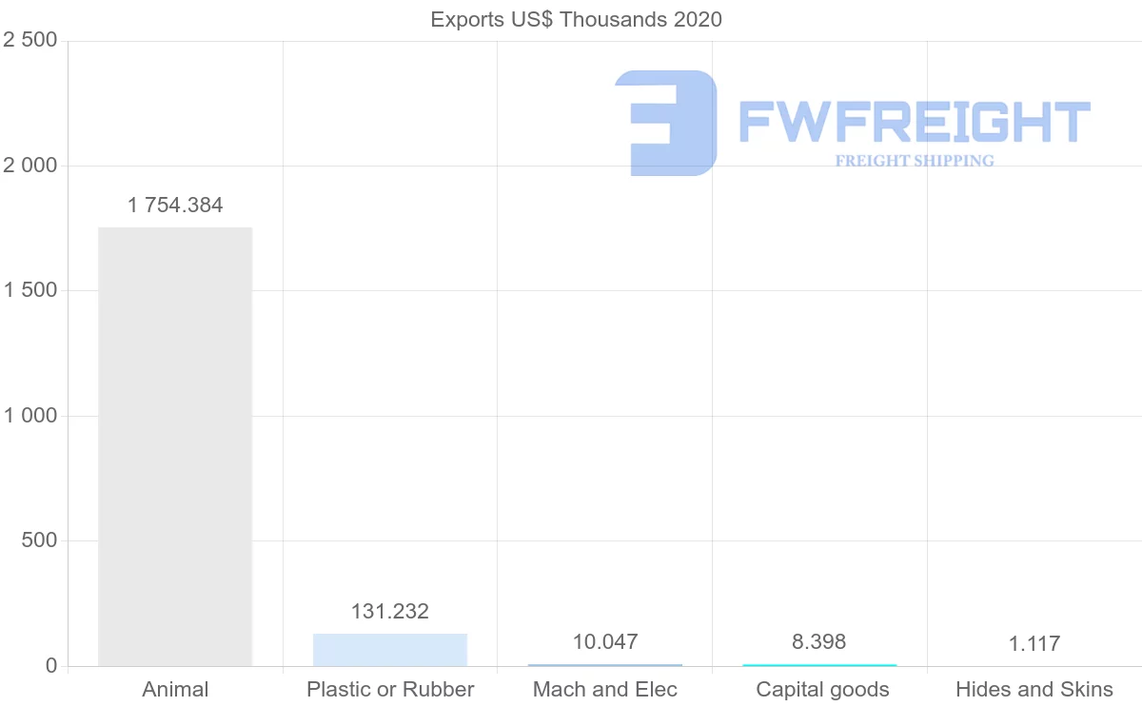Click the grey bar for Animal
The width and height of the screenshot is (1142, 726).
175,446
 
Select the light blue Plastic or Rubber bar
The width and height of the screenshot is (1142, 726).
390,650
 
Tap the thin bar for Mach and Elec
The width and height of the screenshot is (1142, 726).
605,664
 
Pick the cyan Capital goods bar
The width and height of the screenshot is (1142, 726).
819,664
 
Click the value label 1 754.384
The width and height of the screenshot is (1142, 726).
175,206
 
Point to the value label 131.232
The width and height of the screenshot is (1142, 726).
390,612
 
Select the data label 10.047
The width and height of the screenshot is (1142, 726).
605,642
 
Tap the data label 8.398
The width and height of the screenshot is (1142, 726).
819,642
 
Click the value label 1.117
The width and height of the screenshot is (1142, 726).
1034,644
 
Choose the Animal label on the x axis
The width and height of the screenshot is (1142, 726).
175,690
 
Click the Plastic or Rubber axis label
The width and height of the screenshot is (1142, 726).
390,690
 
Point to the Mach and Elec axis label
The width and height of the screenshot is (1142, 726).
605,690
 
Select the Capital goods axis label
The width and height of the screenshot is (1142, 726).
823,690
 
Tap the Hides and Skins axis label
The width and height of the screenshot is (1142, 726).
1034,690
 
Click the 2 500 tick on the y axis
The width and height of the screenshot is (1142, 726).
30,40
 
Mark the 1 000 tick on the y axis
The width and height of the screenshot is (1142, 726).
30,416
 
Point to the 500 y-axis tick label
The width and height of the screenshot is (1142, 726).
39,540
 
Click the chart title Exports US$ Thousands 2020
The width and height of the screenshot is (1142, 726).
577,19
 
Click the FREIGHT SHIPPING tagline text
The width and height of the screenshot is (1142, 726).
915,161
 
